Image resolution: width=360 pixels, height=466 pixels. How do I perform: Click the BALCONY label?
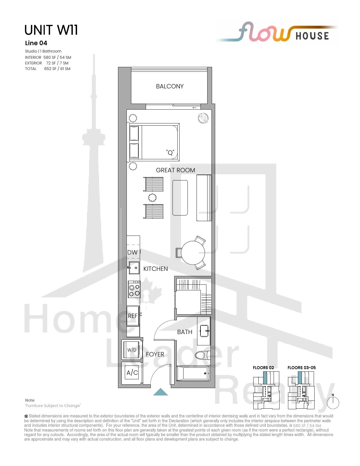tap(170, 86)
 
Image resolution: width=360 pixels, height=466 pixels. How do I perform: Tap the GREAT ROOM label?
tap(175, 170)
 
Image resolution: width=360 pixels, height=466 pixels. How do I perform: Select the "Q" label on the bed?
tap(170, 153)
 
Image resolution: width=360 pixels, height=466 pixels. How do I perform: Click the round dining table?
tap(193, 252)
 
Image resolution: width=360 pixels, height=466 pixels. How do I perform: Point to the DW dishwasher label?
tap(132, 252)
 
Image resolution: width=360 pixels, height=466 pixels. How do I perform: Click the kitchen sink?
tap(134, 268)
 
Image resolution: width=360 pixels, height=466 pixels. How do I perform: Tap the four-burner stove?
tap(134, 289)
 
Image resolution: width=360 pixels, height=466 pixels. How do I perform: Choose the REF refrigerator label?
tap(132, 316)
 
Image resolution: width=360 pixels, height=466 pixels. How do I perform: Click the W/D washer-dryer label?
tap(132, 350)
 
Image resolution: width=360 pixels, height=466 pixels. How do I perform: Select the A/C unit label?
tap(132, 373)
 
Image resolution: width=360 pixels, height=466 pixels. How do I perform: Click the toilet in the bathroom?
tap(203, 355)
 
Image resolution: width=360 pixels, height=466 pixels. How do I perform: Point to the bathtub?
tap(193, 373)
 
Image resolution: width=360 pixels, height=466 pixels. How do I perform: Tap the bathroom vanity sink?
tap(204, 331)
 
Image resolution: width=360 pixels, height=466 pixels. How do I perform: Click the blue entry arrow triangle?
tap(160, 392)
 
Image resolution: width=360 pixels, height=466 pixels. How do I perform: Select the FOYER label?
tap(155, 354)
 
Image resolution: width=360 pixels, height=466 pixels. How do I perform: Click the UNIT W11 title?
tap(51, 30)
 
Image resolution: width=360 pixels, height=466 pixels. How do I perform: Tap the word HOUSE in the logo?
tap(312, 36)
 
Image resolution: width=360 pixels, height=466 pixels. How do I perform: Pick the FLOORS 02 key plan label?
tap(263, 367)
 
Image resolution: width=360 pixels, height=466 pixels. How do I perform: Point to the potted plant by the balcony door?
tap(203, 118)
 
